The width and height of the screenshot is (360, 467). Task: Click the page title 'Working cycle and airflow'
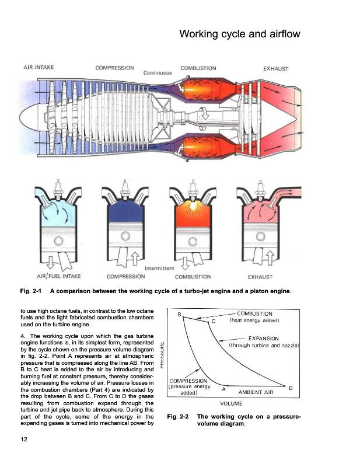(x=239, y=34)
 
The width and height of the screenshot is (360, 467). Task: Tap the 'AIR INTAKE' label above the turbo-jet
(x=39, y=68)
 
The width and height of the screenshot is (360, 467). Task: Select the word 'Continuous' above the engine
(x=158, y=73)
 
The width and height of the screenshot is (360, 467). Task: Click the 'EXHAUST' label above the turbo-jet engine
(x=276, y=69)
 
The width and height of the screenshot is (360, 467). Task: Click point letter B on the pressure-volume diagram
(x=179, y=315)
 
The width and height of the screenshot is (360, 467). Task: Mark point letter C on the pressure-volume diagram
(x=213, y=322)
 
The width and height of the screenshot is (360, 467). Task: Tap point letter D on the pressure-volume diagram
(x=290, y=388)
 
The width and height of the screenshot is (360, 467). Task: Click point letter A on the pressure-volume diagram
(x=224, y=388)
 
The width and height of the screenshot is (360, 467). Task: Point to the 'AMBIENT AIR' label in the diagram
(x=257, y=393)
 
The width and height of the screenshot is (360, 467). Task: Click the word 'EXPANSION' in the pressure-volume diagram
(x=263, y=338)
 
